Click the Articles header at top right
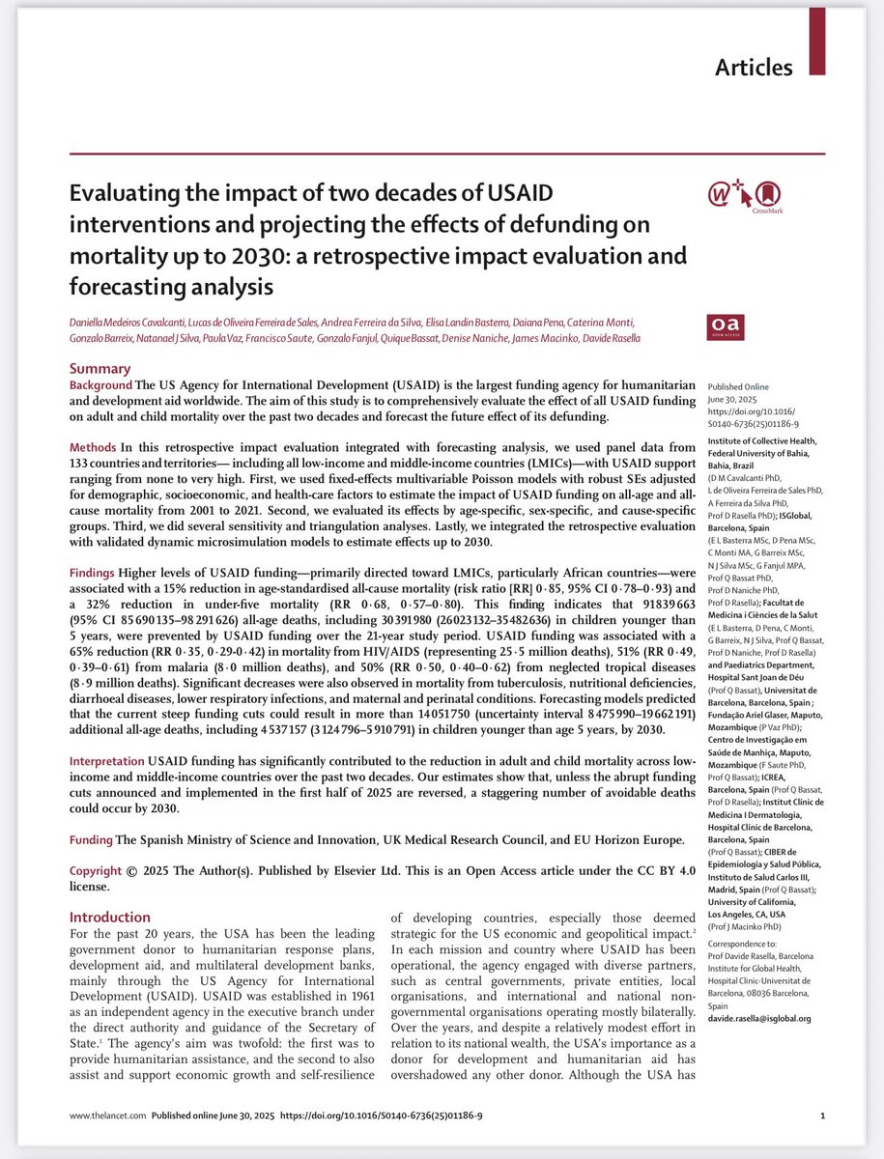[x=754, y=68]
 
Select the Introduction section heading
[x=110, y=917]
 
